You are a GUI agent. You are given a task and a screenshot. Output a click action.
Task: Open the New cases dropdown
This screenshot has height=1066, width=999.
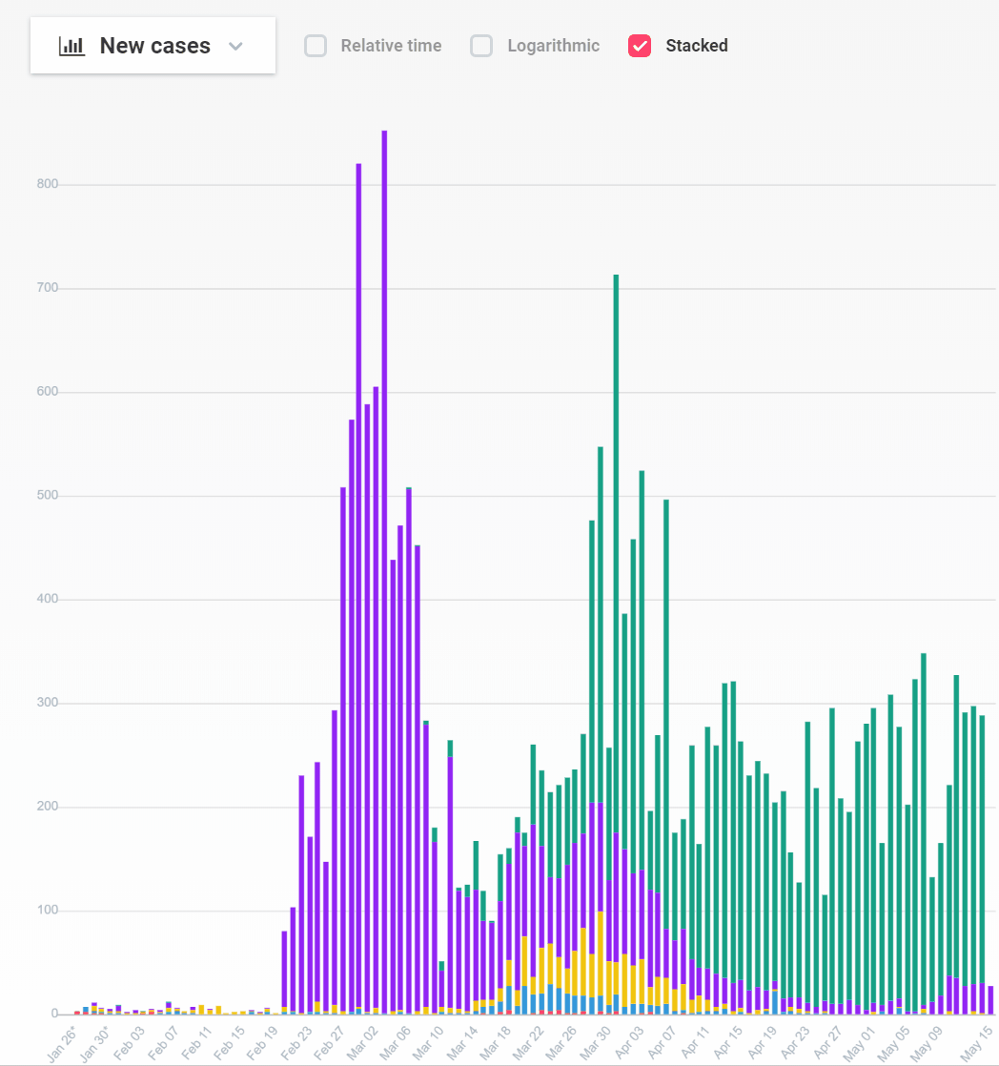pos(153,46)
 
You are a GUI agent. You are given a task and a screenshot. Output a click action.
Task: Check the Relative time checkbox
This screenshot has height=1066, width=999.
pos(316,46)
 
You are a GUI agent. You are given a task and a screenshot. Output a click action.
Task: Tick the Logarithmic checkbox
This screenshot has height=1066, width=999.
pos(481,46)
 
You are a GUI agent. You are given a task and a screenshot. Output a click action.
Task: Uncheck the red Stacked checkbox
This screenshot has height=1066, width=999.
pos(640,46)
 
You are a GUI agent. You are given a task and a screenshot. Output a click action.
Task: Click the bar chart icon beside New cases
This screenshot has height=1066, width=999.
pos(71,46)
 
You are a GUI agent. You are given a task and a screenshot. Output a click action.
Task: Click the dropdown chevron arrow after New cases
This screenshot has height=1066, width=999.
pos(236,46)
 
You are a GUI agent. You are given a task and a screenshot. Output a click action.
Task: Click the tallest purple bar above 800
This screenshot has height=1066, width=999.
pos(384,477)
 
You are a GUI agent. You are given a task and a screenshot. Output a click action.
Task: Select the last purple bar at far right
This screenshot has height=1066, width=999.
pos(991,1000)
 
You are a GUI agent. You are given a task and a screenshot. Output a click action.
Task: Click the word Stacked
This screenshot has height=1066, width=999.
pos(696,46)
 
